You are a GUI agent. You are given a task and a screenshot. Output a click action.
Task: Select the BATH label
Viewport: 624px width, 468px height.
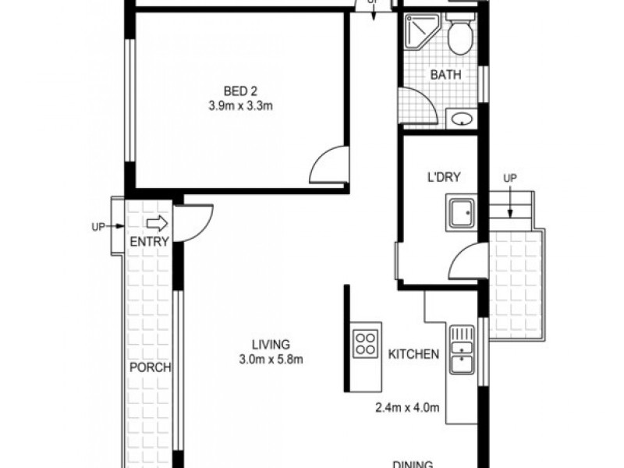(446, 76)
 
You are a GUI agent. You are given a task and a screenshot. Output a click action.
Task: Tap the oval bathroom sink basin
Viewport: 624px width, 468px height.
(461, 119)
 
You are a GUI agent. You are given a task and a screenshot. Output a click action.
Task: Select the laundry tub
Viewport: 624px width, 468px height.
(461, 212)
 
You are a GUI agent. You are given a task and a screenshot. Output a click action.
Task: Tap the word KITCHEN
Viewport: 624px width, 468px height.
(413, 354)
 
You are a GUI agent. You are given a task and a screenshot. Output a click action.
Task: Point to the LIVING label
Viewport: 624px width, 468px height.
(271, 344)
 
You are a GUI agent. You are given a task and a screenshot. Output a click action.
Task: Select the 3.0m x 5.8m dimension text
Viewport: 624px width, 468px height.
(271, 360)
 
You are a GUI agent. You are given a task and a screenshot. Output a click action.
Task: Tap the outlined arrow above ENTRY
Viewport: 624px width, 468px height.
(158, 224)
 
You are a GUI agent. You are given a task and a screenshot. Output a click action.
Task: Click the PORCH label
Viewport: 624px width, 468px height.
(150, 368)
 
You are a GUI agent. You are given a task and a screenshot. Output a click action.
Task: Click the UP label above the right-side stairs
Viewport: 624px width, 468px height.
(509, 179)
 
